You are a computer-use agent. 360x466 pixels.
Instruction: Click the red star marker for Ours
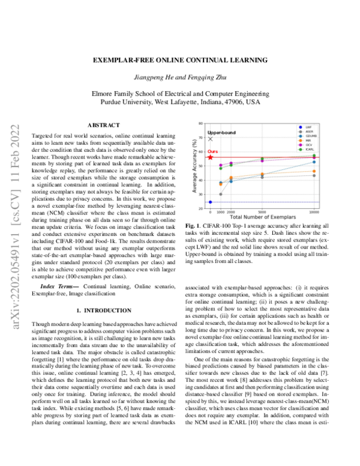click(210, 157)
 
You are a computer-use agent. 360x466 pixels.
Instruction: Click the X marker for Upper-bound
click(210, 139)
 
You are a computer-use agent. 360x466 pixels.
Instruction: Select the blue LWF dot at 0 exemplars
click(210, 202)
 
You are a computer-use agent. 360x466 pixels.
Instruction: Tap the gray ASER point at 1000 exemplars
click(221, 194)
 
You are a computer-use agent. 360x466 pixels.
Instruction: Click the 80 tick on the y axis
click(202, 123)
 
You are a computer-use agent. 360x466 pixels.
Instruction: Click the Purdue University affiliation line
click(179, 103)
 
